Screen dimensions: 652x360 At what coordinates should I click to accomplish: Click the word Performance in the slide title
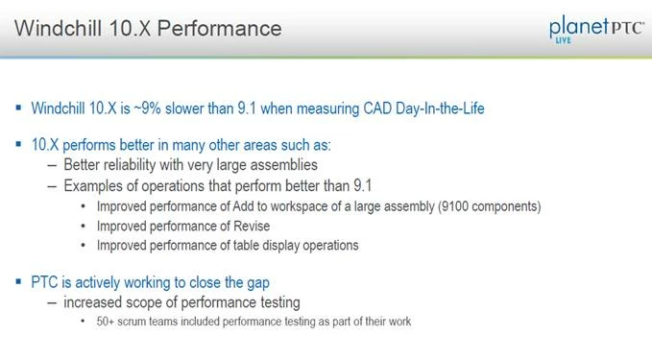[x=219, y=29]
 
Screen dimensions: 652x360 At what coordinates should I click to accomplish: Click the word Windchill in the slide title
[x=59, y=28]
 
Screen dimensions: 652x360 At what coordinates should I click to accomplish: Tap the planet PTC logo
[x=596, y=29]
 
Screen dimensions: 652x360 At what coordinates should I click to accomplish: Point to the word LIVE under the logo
[x=564, y=40]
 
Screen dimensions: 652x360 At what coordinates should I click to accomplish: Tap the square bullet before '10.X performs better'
[x=18, y=144]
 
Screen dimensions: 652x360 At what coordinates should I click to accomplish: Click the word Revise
[x=252, y=227]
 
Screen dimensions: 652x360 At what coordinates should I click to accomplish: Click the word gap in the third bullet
[x=257, y=283]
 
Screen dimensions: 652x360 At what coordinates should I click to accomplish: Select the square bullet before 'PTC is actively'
[x=18, y=281]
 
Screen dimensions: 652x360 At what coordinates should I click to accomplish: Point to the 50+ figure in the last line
[x=106, y=322]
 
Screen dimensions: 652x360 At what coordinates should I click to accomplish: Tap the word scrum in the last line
[x=132, y=322]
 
